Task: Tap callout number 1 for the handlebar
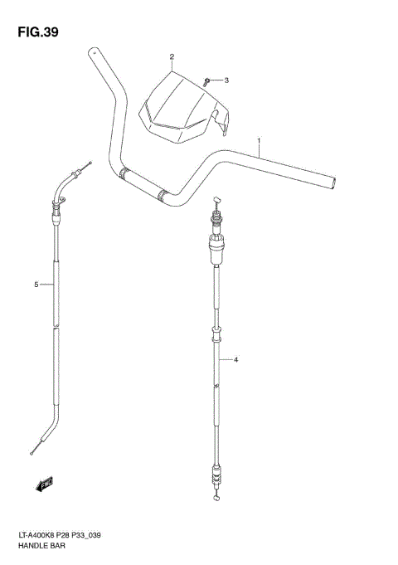[259, 140]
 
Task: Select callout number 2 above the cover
[172, 57]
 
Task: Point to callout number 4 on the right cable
[236, 360]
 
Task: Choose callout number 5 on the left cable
[36, 285]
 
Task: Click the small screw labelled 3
[206, 81]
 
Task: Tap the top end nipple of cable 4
[216, 200]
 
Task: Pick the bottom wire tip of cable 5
[31, 452]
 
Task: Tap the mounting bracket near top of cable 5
[57, 202]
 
